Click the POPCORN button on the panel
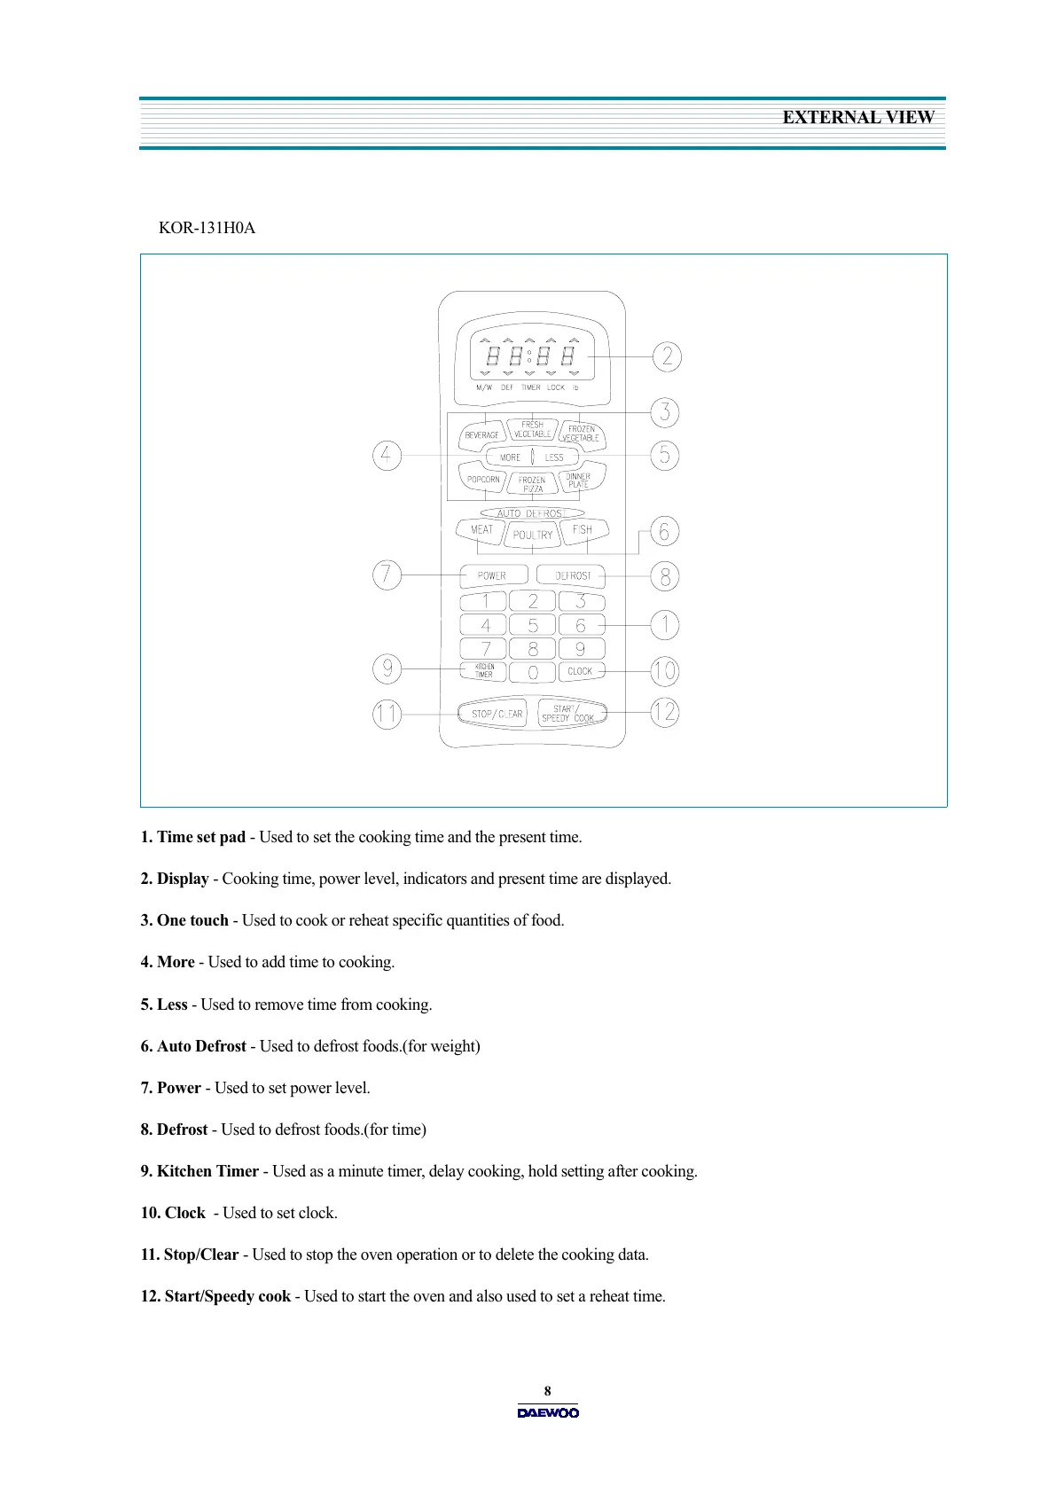483,480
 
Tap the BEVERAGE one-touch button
482,434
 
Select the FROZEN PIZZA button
532,484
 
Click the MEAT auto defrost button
481,530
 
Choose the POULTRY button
532,535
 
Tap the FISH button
583,529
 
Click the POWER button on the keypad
492,575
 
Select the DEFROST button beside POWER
572,575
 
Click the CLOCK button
580,671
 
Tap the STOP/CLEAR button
492,714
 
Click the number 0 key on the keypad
533,673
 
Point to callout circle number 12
665,712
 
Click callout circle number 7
387,575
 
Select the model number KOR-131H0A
207,228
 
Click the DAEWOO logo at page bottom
548,1412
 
